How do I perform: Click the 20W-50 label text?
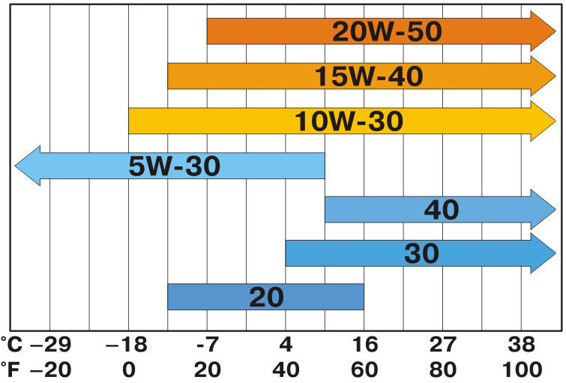click(388, 31)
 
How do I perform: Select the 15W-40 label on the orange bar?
click(368, 76)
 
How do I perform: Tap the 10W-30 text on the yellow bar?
click(349, 121)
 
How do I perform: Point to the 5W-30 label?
click(174, 166)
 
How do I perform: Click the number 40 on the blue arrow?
click(442, 210)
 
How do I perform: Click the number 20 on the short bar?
click(266, 298)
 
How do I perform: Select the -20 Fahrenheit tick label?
click(50, 370)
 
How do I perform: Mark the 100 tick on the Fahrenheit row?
click(523, 370)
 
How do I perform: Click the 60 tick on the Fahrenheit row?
click(364, 370)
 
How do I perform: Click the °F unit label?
click(11, 370)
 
